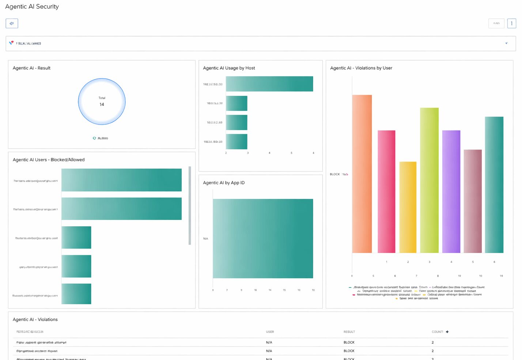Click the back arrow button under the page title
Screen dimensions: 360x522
pyautogui.click(x=12, y=23)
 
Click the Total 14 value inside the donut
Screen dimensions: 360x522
pyautogui.click(x=102, y=105)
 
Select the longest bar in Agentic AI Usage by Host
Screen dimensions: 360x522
pyautogui.click(x=269, y=84)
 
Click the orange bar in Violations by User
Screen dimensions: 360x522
pyautogui.click(x=362, y=174)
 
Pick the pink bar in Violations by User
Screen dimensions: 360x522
pyautogui.click(x=386, y=192)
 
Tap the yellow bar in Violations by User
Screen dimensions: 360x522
pyautogui.click(x=408, y=207)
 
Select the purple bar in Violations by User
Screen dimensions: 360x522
pyautogui.click(x=451, y=192)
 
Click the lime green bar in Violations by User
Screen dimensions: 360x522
pyautogui.click(x=429, y=180)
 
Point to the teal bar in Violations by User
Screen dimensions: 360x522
pyautogui.click(x=494, y=185)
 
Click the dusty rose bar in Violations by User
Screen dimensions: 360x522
pyautogui.click(x=473, y=201)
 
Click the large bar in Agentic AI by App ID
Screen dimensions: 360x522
pyautogui.click(x=263, y=238)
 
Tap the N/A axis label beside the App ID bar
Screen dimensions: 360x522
pyautogui.click(x=206, y=239)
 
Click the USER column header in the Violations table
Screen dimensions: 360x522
pyautogui.click(x=270, y=332)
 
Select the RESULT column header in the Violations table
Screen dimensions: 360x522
pyautogui.click(x=349, y=332)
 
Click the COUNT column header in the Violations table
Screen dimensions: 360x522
pyautogui.click(x=437, y=332)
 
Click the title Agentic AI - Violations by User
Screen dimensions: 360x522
pyautogui.click(x=361, y=68)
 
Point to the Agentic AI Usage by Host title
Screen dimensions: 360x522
pyautogui.click(x=229, y=68)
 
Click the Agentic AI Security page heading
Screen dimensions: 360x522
pyautogui.click(x=32, y=7)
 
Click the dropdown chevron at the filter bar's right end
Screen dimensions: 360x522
pyautogui.click(x=506, y=43)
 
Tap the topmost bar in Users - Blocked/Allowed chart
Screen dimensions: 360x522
pyautogui.click(x=121, y=180)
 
